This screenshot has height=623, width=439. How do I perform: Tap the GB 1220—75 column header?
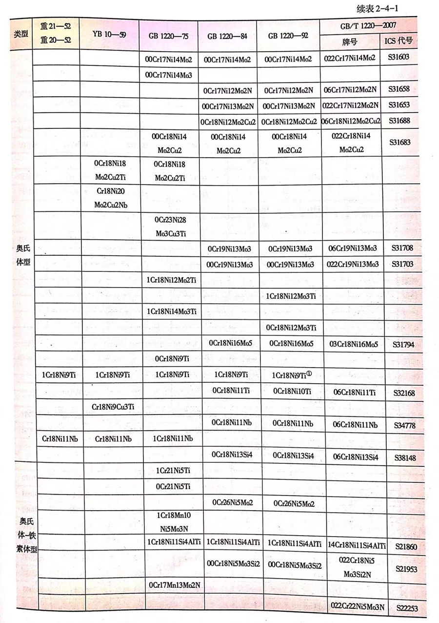(169, 36)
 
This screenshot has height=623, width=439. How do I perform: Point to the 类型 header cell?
(21, 35)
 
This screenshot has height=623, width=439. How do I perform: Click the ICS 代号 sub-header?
(399, 41)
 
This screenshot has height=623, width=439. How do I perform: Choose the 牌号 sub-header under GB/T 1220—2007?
(350, 42)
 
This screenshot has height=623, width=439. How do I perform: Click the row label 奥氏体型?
(21, 255)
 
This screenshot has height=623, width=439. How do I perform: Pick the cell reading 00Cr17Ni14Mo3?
(169, 75)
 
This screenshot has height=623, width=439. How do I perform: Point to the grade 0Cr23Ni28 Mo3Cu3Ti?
(169, 227)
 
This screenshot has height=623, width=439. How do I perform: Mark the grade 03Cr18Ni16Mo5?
(350, 344)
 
